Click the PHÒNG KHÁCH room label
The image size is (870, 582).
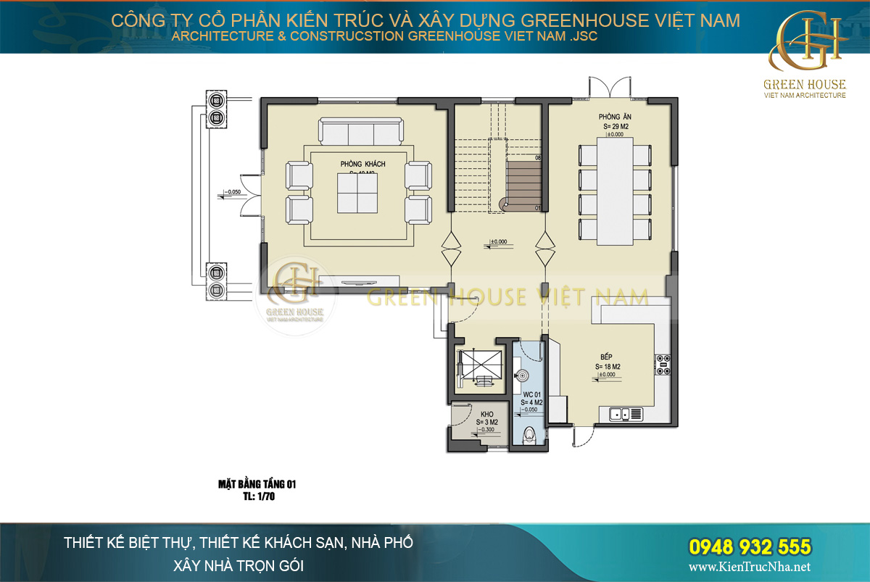pyautogui.click(x=362, y=165)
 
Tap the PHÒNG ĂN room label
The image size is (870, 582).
pyautogui.click(x=613, y=117)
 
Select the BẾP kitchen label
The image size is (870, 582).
pyautogui.click(x=608, y=357)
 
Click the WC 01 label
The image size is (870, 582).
pyautogui.click(x=531, y=396)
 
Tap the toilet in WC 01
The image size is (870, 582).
pyautogui.click(x=530, y=435)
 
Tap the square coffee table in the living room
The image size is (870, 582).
pyautogui.click(x=360, y=194)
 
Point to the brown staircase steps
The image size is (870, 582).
pyautogui.click(x=523, y=184)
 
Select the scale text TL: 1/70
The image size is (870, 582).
pyautogui.click(x=258, y=497)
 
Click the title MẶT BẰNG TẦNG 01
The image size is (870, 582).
pyautogui.click(x=257, y=485)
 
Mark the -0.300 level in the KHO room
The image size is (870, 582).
pyautogui.click(x=486, y=430)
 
